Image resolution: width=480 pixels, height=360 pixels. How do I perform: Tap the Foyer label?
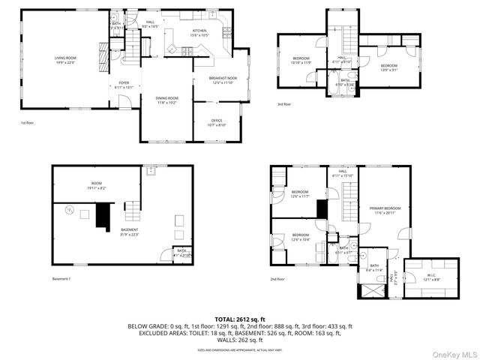124,85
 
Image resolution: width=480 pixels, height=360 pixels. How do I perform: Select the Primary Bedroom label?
384,210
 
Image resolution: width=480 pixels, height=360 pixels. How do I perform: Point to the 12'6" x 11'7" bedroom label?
300,194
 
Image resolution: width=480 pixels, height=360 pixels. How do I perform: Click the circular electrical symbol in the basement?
70,209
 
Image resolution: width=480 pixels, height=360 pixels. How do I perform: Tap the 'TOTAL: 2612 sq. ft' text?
240,319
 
